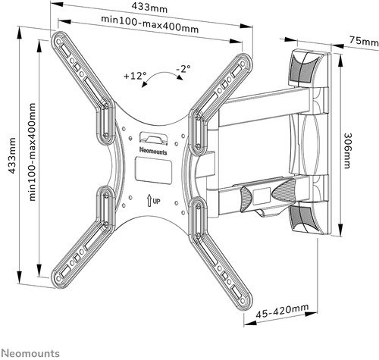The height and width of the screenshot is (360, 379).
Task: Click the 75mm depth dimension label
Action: point(364,41)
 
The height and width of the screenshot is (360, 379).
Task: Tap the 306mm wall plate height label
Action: point(347,151)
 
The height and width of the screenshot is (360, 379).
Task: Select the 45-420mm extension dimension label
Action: point(282,311)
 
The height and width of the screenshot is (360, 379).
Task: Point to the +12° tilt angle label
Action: point(135,76)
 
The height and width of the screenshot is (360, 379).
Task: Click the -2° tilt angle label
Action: point(183,69)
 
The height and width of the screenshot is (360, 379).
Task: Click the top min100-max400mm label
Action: point(149,24)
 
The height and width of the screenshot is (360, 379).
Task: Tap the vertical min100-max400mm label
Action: point(32,152)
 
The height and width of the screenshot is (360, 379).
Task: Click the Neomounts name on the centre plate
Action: point(153,151)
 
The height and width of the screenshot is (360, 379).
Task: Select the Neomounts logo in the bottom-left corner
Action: point(30,353)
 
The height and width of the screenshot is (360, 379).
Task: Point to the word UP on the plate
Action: point(156,202)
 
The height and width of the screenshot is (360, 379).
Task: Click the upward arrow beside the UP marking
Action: point(149,200)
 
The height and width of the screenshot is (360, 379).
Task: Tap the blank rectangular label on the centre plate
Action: point(154,170)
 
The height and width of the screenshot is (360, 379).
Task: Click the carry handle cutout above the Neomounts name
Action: point(153,139)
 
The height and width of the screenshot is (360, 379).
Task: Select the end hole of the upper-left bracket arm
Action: point(58,41)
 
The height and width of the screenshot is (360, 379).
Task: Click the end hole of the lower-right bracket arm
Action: point(243,300)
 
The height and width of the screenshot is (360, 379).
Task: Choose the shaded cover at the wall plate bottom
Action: point(303,217)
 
